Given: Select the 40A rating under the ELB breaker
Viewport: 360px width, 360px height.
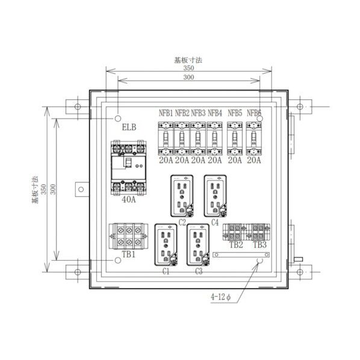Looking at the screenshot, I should [x=128, y=200].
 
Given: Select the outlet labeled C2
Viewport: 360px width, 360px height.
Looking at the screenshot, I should [x=181, y=196].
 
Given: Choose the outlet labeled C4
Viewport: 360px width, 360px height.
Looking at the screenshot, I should [x=214, y=196].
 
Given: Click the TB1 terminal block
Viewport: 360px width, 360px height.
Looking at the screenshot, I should [x=129, y=235].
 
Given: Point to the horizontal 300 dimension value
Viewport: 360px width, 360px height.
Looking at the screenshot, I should [x=189, y=78].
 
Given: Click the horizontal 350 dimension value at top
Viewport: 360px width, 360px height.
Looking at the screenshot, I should [x=189, y=69].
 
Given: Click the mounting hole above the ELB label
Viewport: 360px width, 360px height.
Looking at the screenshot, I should [x=118, y=117].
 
